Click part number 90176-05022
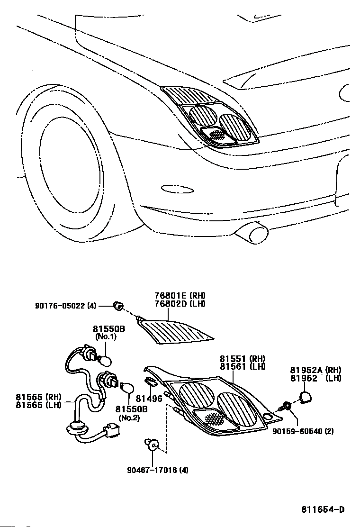click(x=65, y=306)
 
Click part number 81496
click(x=150, y=399)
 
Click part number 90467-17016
click(x=157, y=470)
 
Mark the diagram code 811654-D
click(x=322, y=510)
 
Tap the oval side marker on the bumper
click(x=177, y=189)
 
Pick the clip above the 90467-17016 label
click(x=153, y=445)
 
